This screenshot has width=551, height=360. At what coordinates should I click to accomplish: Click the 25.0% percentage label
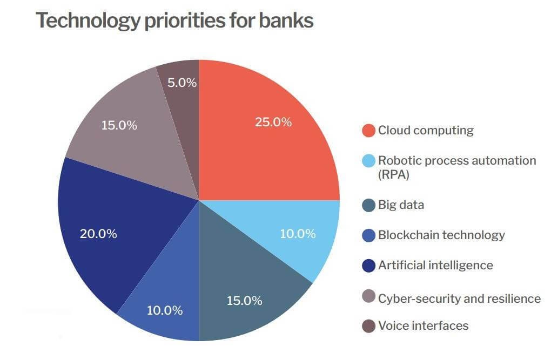[x=273, y=122]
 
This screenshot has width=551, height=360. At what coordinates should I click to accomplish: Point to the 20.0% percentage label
[x=98, y=234]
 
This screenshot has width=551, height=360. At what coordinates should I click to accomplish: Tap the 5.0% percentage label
[x=182, y=83]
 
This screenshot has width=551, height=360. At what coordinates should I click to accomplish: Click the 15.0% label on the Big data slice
[x=244, y=301]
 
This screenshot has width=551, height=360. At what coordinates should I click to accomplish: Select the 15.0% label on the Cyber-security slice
[x=119, y=125]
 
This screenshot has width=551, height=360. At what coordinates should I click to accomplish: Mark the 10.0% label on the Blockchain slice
[x=165, y=310]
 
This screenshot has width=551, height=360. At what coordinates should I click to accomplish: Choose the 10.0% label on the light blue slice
[x=298, y=234]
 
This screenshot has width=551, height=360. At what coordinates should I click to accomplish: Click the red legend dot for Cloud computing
[x=368, y=131]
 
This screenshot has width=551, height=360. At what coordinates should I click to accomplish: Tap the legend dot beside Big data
[x=368, y=205]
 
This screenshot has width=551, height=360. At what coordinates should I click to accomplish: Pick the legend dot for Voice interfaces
[x=368, y=326]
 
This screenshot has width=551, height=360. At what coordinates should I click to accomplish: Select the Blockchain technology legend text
[x=441, y=235]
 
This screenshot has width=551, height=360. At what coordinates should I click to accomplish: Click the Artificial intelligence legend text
[x=435, y=265]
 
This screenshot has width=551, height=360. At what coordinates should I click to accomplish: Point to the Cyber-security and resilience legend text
[x=459, y=298]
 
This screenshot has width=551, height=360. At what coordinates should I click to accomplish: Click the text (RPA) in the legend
[x=393, y=174]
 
